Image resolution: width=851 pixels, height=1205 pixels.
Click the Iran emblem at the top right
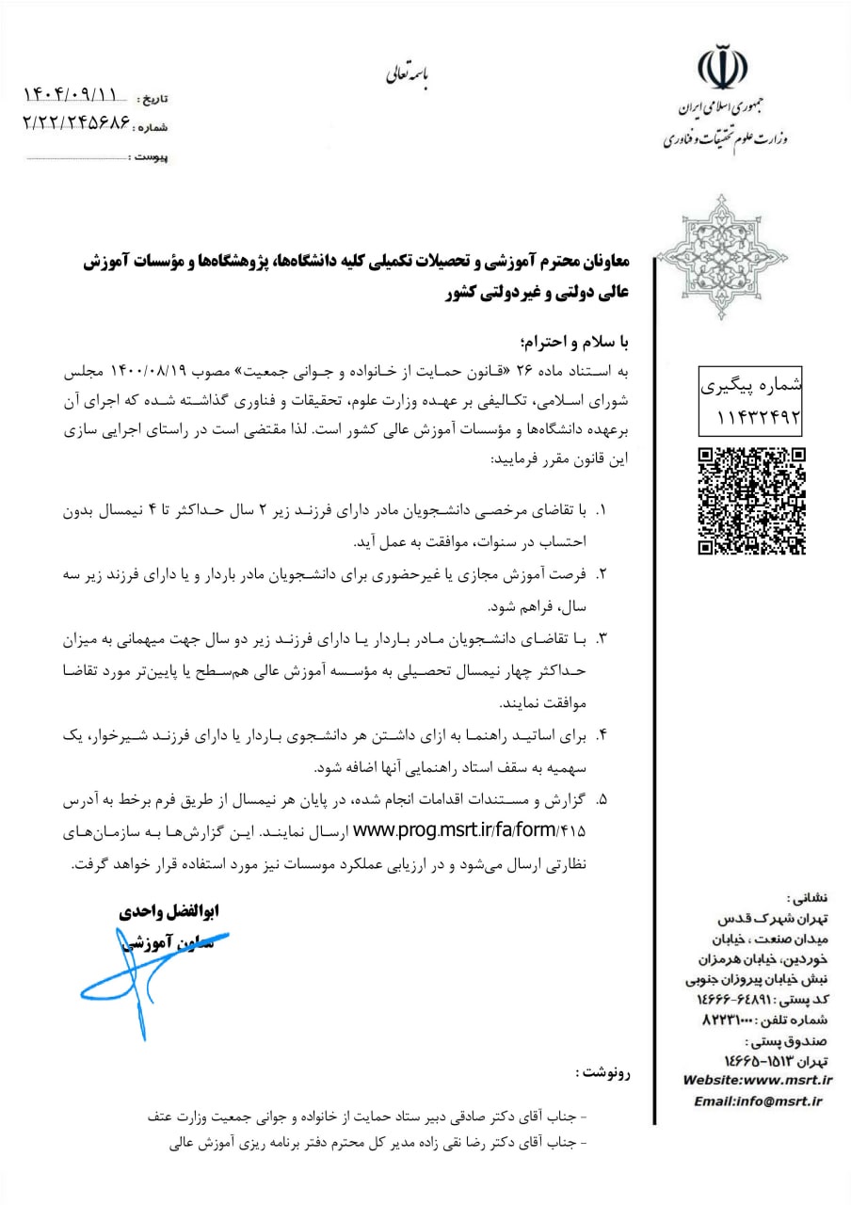721,65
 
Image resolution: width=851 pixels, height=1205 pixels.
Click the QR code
751,500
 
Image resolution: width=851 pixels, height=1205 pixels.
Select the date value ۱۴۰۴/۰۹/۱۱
73,94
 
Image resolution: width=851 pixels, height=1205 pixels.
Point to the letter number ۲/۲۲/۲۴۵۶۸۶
73,122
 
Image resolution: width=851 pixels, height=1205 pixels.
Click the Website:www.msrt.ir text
758,1080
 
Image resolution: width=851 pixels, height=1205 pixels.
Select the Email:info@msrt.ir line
758,1101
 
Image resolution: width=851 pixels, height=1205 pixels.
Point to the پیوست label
150,157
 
